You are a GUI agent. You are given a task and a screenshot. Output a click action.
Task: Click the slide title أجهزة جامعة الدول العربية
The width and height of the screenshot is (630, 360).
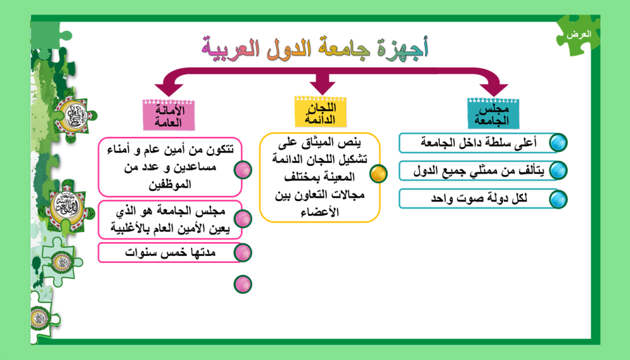(314, 48)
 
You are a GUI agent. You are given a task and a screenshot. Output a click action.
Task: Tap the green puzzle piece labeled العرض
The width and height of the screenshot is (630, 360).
(578, 35)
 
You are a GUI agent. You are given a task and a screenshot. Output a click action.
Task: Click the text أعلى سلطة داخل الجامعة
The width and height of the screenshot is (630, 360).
(478, 143)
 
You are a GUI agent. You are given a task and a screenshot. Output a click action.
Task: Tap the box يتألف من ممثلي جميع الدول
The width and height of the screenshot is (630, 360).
(478, 171)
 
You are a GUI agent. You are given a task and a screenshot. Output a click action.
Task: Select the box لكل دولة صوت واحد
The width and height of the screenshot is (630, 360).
(478, 199)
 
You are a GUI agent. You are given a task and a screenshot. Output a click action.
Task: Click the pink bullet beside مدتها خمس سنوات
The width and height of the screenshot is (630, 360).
(243, 253)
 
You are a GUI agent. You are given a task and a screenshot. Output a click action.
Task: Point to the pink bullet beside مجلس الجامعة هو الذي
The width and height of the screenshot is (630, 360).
(243, 219)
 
